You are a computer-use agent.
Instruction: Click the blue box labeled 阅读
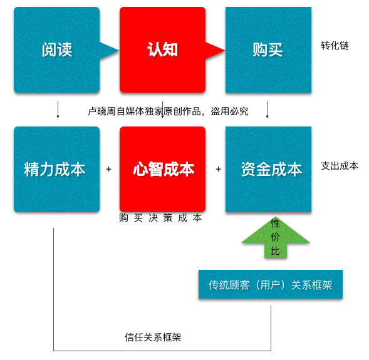[57, 49]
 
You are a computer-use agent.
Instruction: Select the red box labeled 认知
[162, 49]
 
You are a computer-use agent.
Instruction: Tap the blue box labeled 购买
[268, 49]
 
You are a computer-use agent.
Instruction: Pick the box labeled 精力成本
[57, 169]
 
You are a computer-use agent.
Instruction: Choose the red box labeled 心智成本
[162, 169]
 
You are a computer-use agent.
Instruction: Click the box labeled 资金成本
[268, 169]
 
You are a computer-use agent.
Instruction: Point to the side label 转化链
[335, 46]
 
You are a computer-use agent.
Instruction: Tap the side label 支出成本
[340, 166]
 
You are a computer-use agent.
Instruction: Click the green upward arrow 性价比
[275, 237]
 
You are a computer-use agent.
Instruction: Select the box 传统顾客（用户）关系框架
[271, 284]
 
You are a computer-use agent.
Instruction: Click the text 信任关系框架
[153, 337]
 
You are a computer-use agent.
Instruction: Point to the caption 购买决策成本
[160, 218]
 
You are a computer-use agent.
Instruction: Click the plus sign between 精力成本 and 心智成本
[109, 169]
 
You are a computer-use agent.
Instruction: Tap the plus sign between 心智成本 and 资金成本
[218, 169]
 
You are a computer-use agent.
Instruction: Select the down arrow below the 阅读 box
[58, 110]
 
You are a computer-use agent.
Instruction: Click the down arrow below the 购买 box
[267, 110]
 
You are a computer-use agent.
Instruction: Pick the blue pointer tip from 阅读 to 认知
[118, 50]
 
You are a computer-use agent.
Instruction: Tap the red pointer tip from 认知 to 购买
[224, 50]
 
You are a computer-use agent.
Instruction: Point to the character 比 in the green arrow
[275, 251]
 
